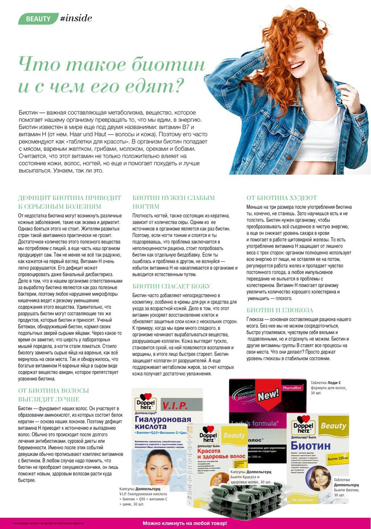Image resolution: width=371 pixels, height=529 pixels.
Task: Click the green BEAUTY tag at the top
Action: click(x=38, y=19)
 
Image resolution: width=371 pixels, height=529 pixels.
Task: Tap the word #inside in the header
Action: click(x=76, y=19)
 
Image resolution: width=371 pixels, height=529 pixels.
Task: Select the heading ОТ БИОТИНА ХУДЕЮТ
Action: click(x=282, y=198)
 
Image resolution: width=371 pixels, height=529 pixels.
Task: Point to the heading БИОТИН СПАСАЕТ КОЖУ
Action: click(x=171, y=286)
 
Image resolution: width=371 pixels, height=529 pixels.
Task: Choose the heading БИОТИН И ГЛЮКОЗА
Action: click(x=280, y=310)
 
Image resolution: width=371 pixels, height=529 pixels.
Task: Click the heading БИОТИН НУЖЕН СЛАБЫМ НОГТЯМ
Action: click(x=174, y=202)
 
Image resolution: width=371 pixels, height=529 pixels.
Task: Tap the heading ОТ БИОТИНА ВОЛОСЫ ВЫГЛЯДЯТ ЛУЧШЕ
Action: click(x=53, y=395)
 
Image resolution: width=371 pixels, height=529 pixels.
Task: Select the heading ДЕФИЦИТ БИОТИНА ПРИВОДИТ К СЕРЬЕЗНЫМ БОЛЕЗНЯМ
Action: click(x=70, y=202)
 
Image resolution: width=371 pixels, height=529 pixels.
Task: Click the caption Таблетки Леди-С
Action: click(x=325, y=383)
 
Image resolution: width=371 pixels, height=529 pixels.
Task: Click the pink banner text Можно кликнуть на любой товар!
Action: click(x=185, y=523)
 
